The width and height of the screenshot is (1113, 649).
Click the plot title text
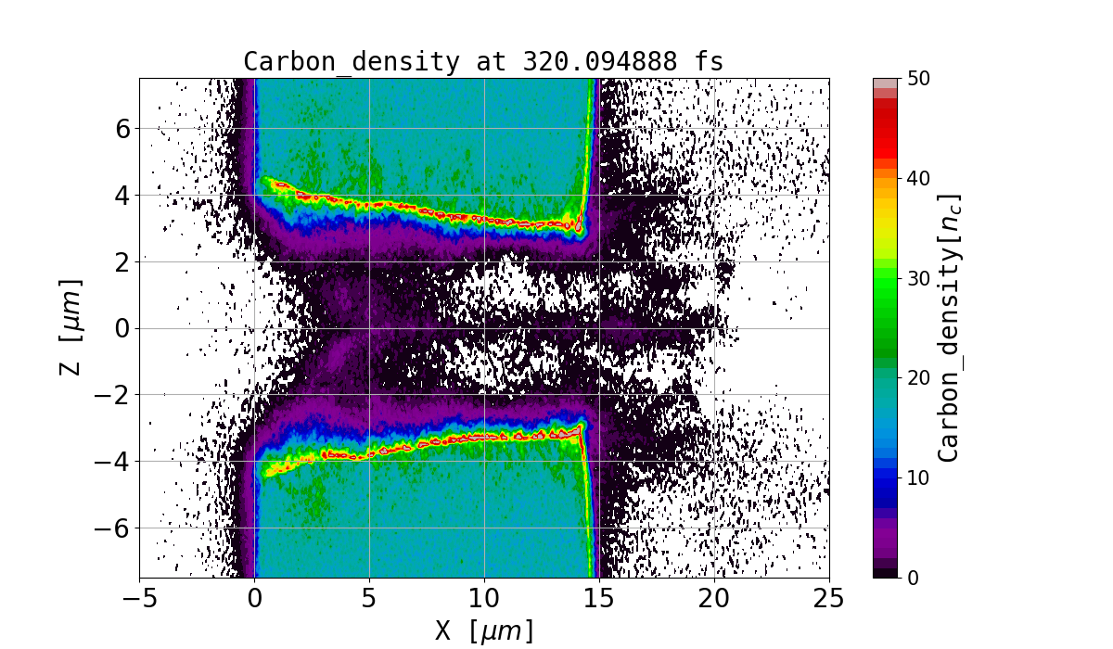point(483,61)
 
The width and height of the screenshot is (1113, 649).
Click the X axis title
point(484,630)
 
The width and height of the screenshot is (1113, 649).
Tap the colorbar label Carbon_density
point(948,327)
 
